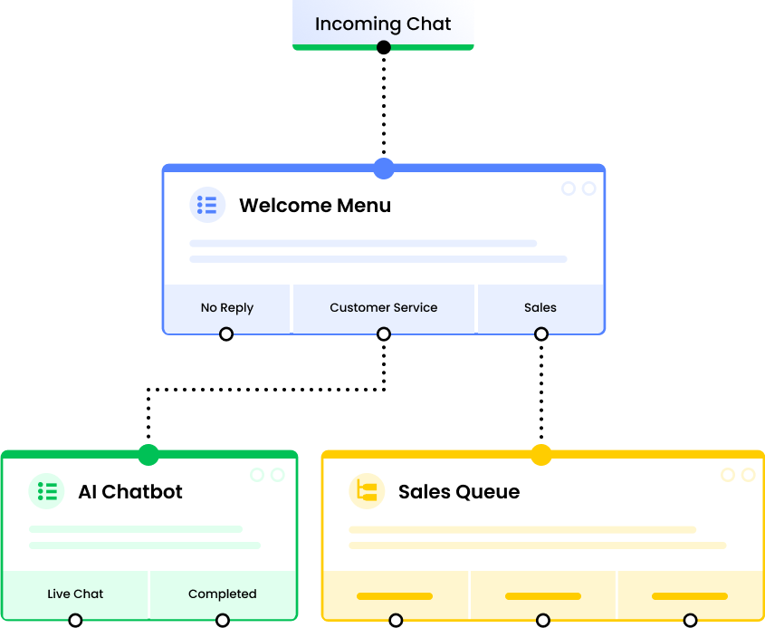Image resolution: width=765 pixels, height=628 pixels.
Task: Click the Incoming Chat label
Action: click(x=383, y=24)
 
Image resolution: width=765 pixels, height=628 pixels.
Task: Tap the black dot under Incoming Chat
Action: click(x=384, y=46)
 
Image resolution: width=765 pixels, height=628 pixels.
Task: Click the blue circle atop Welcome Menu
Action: click(x=384, y=168)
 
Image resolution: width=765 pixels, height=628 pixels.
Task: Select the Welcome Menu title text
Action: click(x=315, y=206)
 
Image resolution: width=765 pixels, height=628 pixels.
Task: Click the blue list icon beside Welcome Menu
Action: click(x=207, y=205)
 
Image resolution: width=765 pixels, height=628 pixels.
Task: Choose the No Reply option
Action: click(x=227, y=308)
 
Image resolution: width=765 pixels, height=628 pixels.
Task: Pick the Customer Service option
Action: click(x=384, y=308)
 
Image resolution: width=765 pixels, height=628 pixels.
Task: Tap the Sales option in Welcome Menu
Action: click(x=540, y=308)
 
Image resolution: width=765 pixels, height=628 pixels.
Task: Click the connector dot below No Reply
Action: click(x=226, y=333)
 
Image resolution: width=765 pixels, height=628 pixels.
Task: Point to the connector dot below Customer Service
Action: click(x=384, y=333)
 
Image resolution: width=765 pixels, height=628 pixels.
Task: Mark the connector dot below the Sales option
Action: click(x=541, y=333)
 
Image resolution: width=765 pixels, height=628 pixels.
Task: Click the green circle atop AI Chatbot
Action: click(x=148, y=454)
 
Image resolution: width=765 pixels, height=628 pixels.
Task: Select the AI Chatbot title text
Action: click(x=130, y=492)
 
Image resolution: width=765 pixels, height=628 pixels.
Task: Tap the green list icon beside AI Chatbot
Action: click(x=47, y=491)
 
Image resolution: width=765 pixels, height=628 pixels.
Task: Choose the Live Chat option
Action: click(x=75, y=594)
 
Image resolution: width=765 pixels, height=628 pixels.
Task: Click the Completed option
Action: click(x=223, y=594)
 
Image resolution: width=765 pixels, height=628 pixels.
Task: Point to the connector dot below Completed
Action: click(x=223, y=620)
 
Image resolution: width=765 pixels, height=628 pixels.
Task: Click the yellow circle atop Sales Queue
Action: click(x=541, y=454)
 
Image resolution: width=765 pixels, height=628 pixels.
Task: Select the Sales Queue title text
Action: click(x=459, y=492)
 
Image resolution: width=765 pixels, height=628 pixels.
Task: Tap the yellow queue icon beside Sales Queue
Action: click(x=367, y=491)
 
